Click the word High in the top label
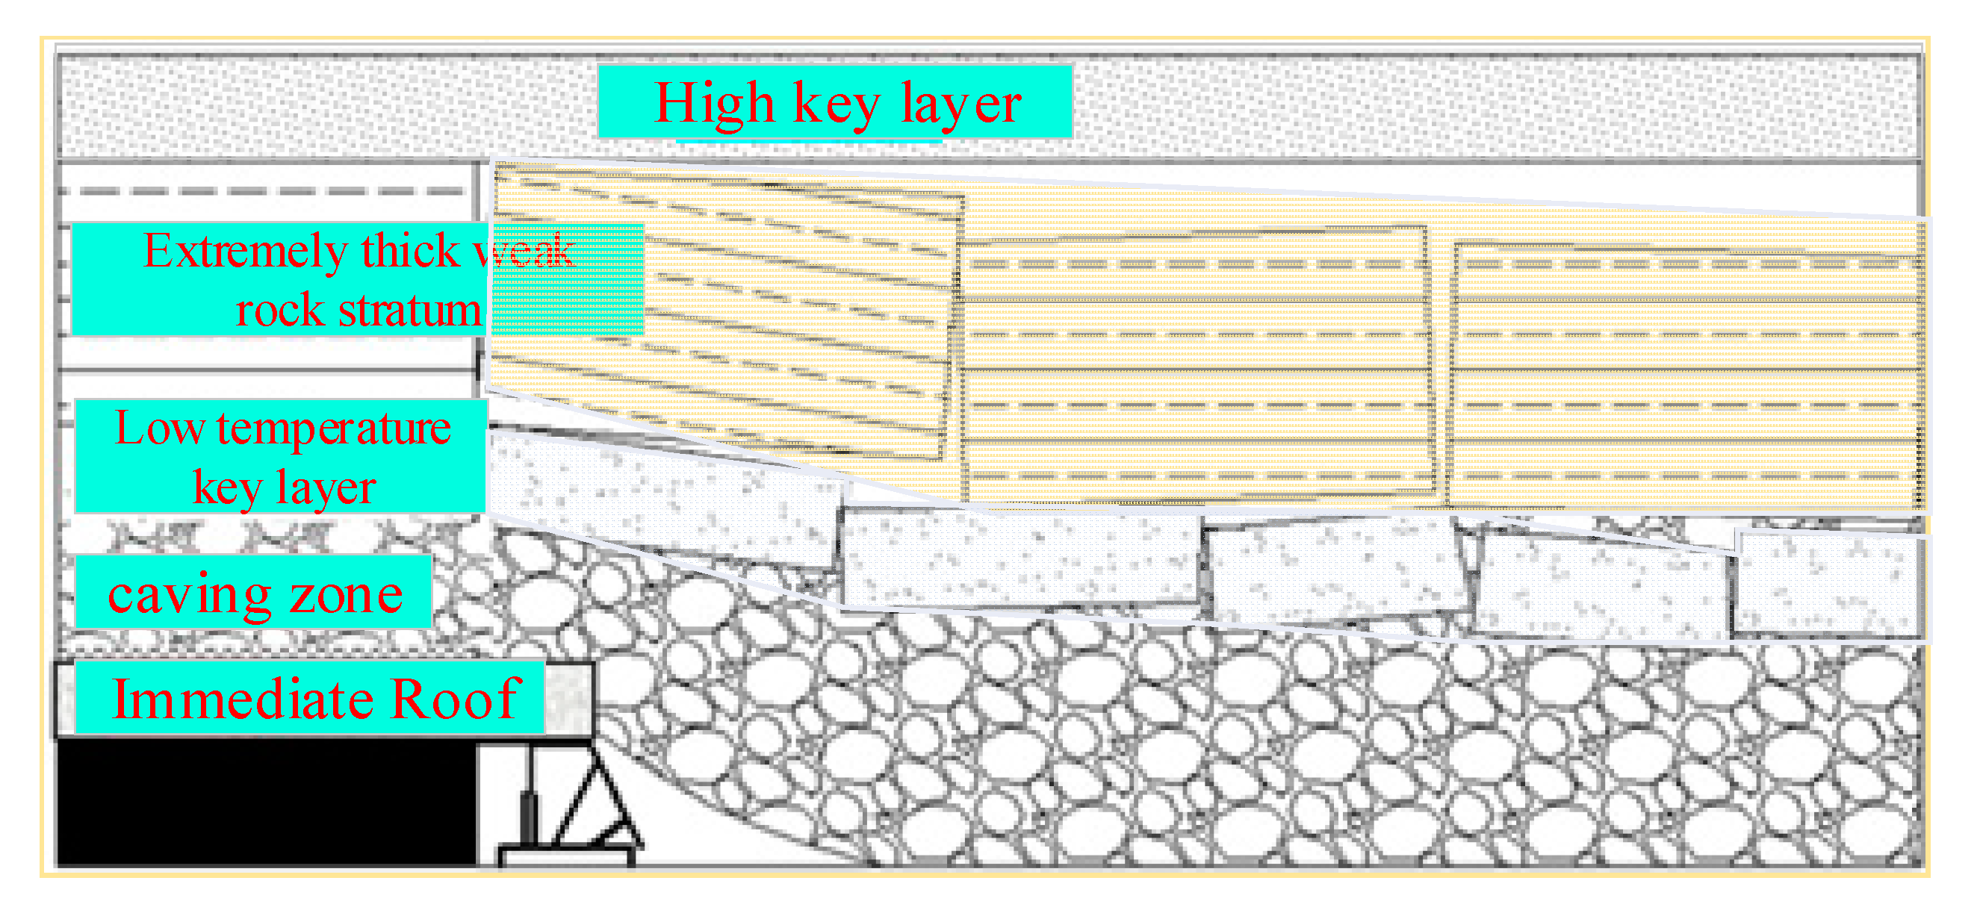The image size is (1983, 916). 714,103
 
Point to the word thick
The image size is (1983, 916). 410,251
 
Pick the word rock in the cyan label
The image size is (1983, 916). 279,309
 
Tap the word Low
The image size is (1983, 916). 159,428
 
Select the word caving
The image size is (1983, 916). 190,594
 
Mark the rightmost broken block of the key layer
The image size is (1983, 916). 1828,585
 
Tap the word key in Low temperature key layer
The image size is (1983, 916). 226,488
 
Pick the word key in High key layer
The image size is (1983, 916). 837,103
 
